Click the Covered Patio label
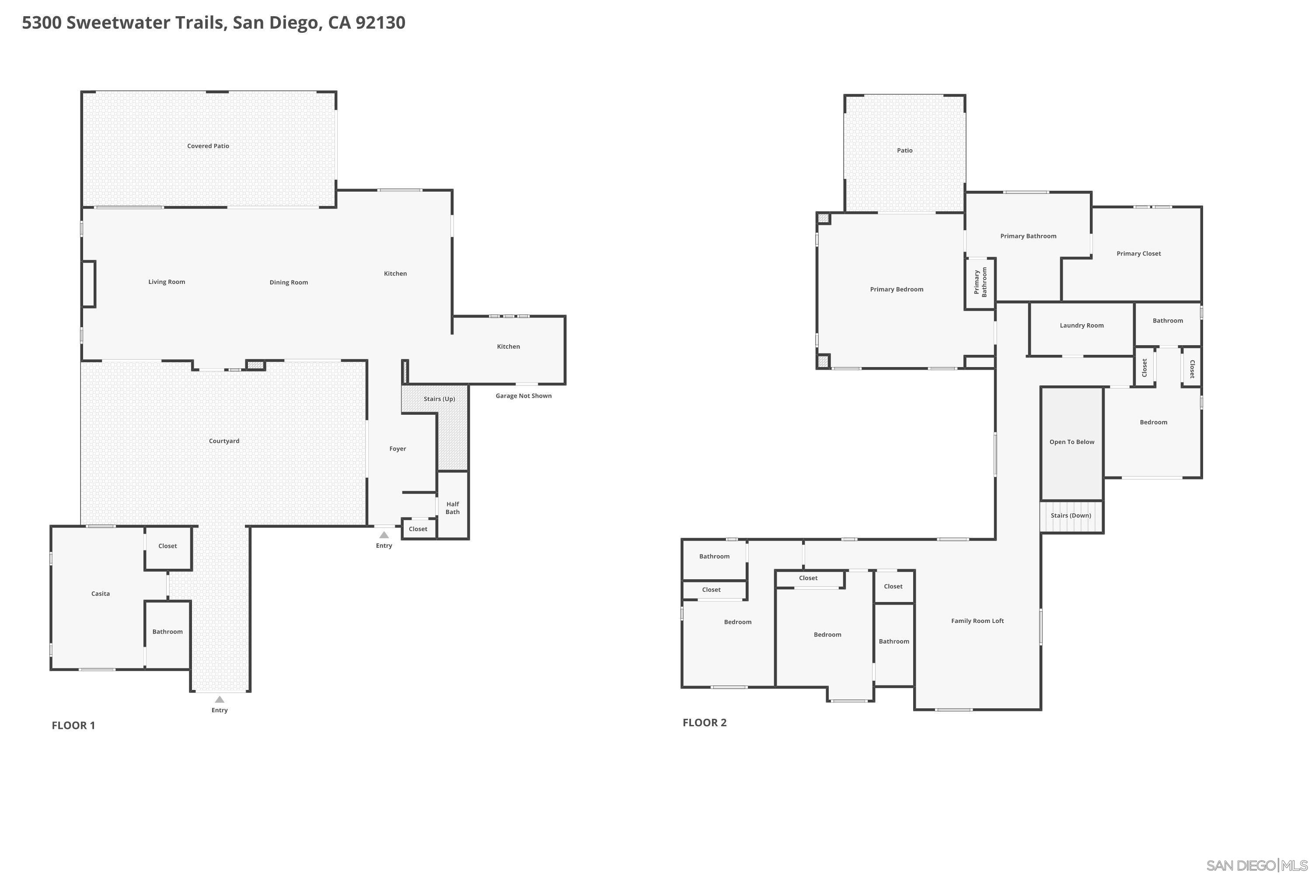click(x=208, y=146)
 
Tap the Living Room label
click(x=167, y=282)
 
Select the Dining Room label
click(x=288, y=282)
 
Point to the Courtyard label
click(x=223, y=441)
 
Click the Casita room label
click(x=101, y=594)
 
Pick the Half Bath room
click(x=452, y=508)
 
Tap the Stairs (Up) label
click(x=439, y=399)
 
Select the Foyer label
click(x=397, y=449)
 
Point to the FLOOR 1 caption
click(x=73, y=725)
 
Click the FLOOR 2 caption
click(x=705, y=723)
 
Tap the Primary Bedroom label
click(x=897, y=290)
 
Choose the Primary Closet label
click(x=1138, y=254)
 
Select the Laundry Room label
click(x=1082, y=326)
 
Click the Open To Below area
click(x=1071, y=442)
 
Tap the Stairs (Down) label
click(x=1071, y=516)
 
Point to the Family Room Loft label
click(x=977, y=621)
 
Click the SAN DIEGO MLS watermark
click(x=1258, y=865)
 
